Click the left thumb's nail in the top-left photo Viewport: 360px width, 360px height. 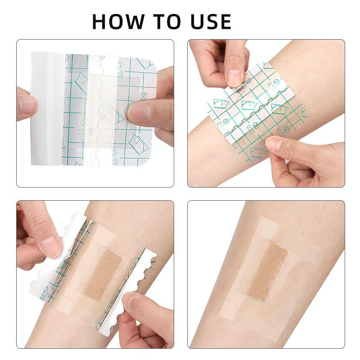[28, 104]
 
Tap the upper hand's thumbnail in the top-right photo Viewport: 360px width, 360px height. [234, 77]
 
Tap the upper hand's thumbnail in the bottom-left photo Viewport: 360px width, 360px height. [50, 246]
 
